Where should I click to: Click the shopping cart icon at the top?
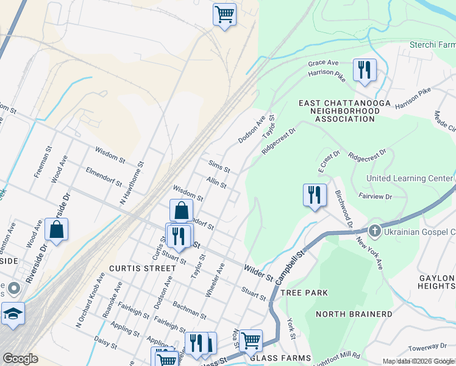click(224, 14)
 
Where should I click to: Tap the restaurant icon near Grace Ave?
click(365, 70)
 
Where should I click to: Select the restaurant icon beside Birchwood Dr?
click(314, 195)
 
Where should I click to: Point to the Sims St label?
click(219, 166)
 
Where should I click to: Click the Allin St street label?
click(216, 182)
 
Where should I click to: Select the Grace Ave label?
click(323, 63)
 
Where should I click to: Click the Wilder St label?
click(258, 272)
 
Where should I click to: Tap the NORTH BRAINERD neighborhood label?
click(354, 314)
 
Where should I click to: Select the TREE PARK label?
click(304, 293)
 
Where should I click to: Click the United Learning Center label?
click(409, 178)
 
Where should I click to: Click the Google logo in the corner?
click(20, 358)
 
